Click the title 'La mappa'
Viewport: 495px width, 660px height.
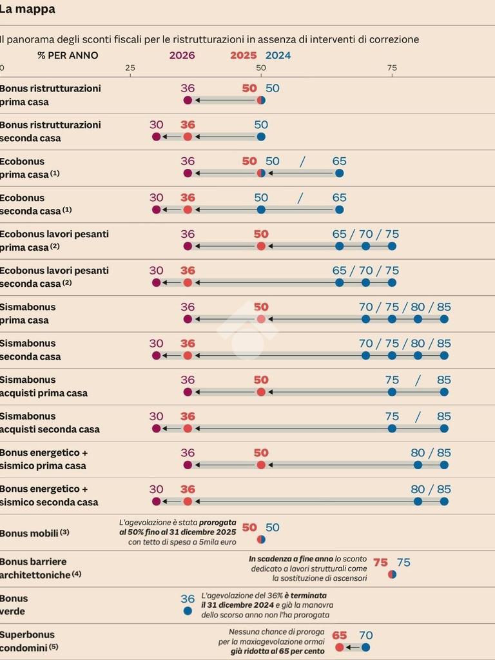tap(27, 10)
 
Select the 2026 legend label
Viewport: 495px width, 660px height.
tap(182, 55)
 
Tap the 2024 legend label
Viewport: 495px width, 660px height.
tap(278, 55)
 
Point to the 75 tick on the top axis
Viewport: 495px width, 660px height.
tap(392, 68)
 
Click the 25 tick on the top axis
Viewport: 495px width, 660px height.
tap(130, 68)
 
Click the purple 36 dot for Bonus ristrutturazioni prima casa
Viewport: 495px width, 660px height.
tap(188, 101)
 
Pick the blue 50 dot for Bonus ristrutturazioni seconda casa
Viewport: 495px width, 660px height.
tap(261, 137)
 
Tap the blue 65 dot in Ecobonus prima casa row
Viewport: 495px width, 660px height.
tap(340, 173)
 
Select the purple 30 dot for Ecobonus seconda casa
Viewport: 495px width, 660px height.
tap(156, 209)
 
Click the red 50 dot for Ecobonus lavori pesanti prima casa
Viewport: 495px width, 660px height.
tap(261, 246)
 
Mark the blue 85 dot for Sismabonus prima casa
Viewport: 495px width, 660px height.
tap(444, 319)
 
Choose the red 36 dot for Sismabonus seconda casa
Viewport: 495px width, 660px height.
tap(188, 355)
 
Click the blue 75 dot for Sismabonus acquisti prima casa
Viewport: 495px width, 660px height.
tap(392, 392)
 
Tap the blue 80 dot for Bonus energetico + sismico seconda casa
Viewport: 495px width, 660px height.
tap(418, 501)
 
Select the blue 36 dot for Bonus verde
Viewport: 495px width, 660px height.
tap(188, 610)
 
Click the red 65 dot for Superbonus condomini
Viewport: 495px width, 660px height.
tap(340, 647)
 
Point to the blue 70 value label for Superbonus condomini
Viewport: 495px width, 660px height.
tap(365, 636)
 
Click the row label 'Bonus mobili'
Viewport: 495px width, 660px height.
tap(30, 534)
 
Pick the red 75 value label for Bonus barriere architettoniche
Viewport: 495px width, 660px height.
tap(380, 563)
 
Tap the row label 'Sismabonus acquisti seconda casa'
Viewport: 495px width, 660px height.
tap(50, 423)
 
